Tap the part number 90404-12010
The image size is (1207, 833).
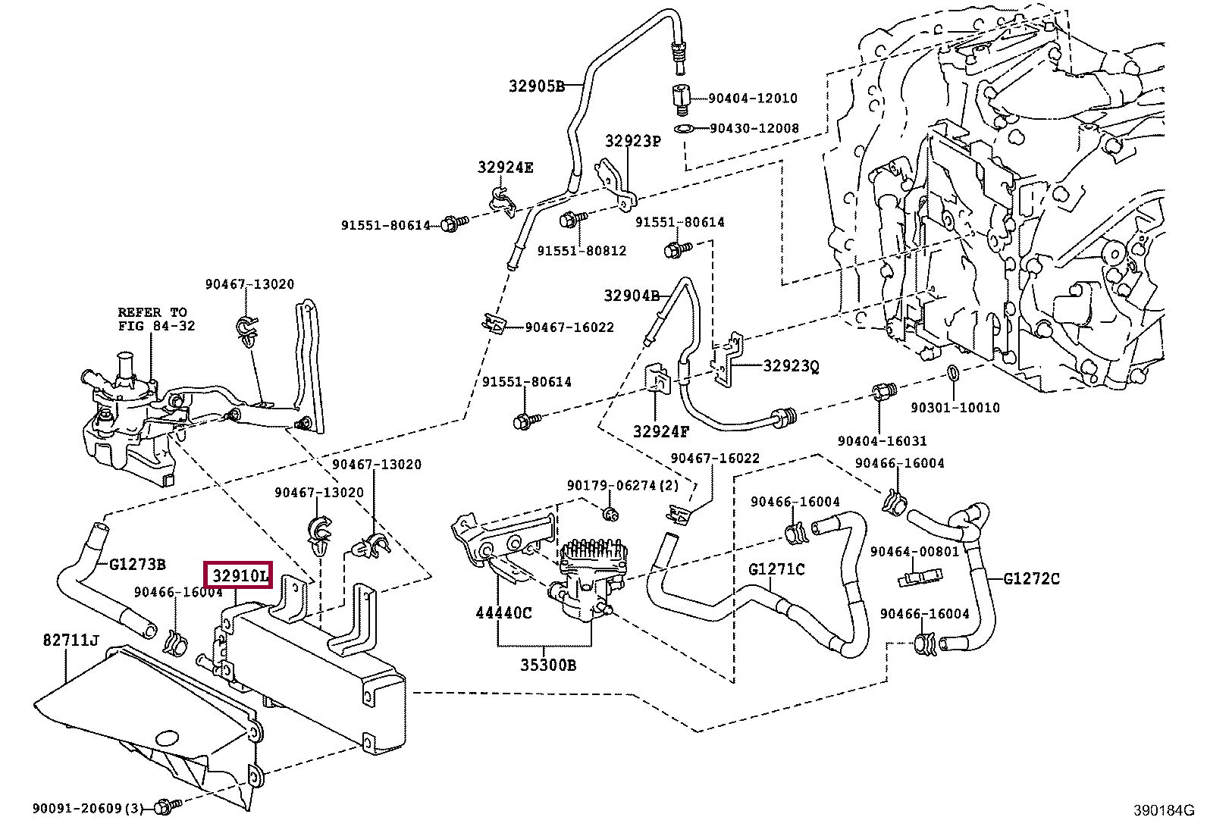(752, 99)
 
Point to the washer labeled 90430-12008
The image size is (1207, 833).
(684, 129)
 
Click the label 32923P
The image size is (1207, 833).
(633, 141)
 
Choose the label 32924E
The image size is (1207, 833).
(505, 168)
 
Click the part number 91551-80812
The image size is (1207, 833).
(582, 250)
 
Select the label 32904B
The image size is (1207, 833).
(632, 296)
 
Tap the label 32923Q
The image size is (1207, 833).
(791, 366)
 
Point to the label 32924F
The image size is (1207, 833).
(661, 431)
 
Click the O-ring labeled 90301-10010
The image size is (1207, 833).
(953, 373)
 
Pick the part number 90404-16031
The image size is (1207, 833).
(882, 440)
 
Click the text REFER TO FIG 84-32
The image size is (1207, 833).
(156, 319)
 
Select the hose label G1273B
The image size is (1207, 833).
(137, 565)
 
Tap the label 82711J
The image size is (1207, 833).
(71, 641)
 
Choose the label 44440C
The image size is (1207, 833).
(503, 612)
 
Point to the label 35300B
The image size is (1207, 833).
(547, 665)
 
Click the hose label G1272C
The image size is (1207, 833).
(1032, 579)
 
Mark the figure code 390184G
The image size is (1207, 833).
(1164, 810)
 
